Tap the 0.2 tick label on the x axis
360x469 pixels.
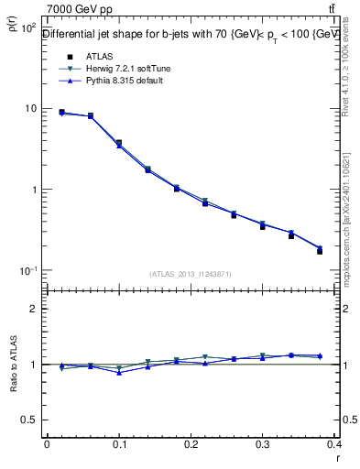click(191, 445)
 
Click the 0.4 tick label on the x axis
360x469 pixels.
click(334, 445)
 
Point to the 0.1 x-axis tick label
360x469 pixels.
click(118, 445)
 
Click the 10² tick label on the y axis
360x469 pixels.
click(27, 27)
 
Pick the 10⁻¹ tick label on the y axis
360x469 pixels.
click(27, 271)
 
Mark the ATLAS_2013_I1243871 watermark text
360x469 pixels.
click(191, 274)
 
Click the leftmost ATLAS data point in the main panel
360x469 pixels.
click(61, 112)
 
